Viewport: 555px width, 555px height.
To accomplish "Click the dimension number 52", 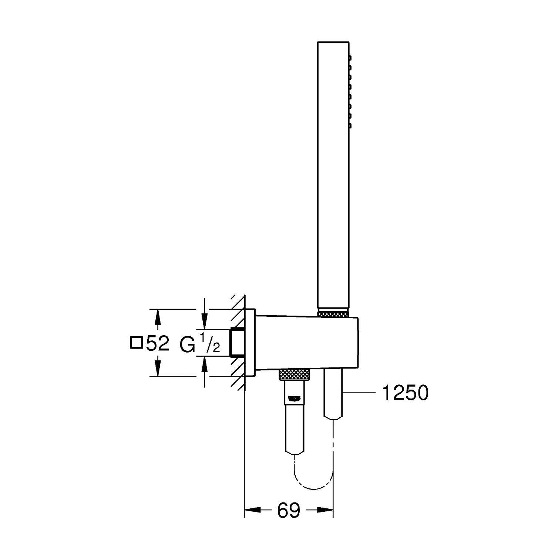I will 158,344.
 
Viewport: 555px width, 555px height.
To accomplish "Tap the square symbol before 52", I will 137,343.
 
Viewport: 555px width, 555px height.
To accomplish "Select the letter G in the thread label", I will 187,344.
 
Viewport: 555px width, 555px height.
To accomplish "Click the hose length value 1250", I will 405,393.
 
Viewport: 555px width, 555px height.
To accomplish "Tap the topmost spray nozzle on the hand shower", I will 350,58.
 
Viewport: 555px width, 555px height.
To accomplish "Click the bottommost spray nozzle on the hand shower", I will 350,126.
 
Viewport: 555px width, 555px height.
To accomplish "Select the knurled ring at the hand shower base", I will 333,314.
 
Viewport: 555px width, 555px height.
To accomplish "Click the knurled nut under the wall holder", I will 294,374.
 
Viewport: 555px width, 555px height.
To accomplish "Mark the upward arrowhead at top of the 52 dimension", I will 158,317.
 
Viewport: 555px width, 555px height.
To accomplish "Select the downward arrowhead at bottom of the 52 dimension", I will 158,369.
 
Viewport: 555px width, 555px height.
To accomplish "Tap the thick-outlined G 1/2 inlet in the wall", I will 236,342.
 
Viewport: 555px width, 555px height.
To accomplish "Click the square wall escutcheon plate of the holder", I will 250,342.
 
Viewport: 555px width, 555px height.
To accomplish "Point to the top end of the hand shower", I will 333,43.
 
